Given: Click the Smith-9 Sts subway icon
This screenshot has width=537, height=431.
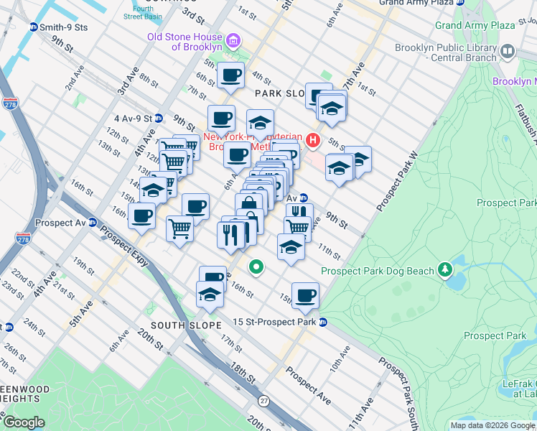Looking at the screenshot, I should pos(33,27).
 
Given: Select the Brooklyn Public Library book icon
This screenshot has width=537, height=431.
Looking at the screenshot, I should pos(508,51).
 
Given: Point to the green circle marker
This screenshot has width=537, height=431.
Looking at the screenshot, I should pos(256,268).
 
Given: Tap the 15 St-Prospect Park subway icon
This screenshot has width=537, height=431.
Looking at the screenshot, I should pos(324,322).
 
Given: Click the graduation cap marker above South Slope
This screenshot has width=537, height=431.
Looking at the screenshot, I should pos(209,295).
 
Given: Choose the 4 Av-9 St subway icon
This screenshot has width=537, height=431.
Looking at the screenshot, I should pos(159,118).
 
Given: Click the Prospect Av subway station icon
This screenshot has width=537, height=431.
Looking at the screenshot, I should pos(93,223).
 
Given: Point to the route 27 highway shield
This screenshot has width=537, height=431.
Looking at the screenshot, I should pos(264,401).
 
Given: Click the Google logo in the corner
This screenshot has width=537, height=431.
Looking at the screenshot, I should pos(23,422).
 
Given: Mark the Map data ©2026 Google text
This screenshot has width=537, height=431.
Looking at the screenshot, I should pos(492,425).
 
